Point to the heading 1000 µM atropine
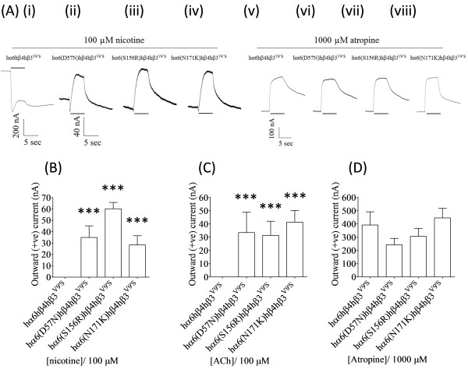tap(354, 37)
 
